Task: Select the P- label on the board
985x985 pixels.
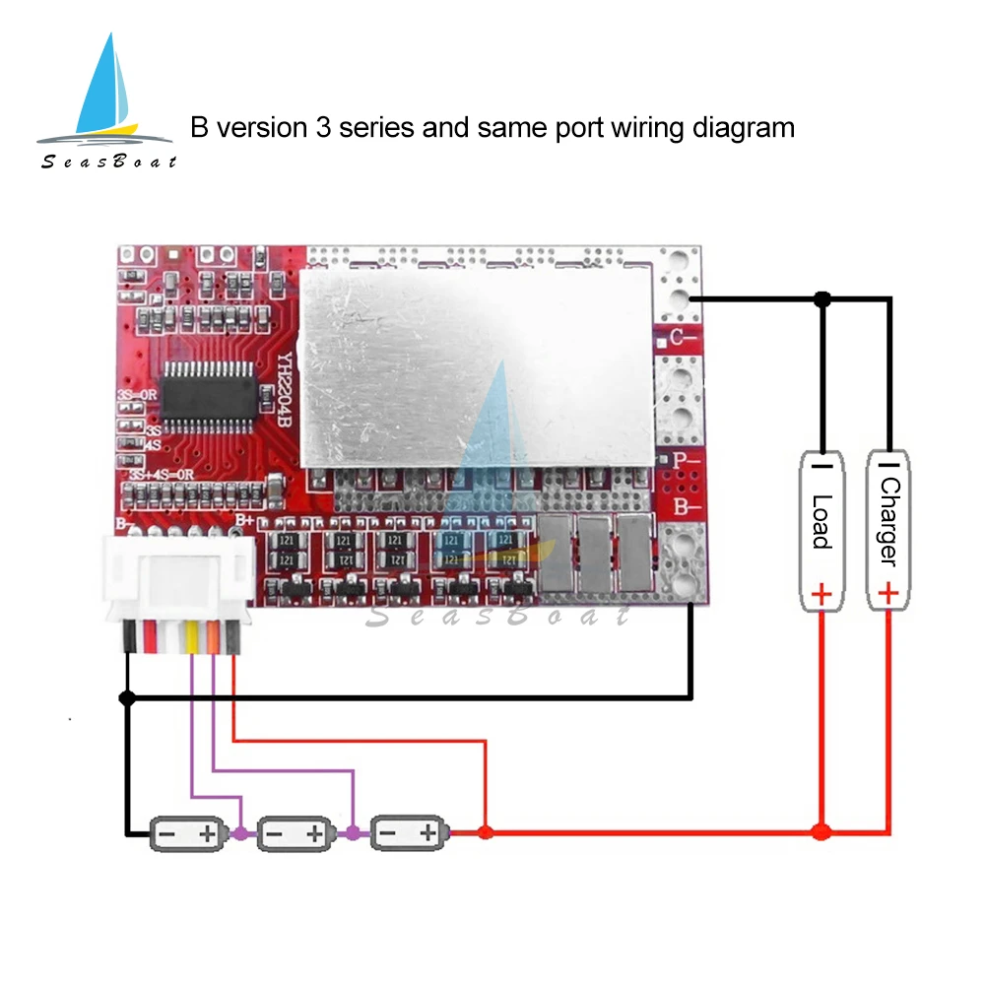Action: (685, 460)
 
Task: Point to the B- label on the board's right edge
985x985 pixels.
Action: (685, 508)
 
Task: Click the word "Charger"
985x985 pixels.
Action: (888, 521)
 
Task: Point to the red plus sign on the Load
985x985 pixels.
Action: (821, 594)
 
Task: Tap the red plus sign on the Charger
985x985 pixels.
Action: (888, 593)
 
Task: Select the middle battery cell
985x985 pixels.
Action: (296, 834)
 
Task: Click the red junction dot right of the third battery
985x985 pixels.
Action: (484, 833)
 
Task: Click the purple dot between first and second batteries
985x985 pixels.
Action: (241, 833)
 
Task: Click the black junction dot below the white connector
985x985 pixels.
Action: (126, 698)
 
